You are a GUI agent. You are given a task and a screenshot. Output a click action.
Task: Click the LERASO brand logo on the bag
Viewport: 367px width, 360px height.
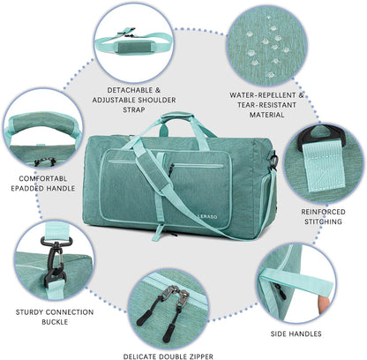207,216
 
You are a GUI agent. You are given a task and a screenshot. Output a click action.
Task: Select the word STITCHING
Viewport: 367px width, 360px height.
323,221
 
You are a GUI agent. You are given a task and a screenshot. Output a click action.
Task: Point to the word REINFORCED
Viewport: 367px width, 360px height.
323,212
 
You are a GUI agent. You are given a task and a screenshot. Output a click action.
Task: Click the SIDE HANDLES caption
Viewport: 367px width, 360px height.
296,334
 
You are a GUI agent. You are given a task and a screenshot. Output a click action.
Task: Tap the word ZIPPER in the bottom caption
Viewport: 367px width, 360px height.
198,356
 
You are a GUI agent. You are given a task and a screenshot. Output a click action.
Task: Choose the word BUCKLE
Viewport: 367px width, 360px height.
55,322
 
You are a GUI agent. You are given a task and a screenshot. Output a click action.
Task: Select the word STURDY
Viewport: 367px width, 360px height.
29,312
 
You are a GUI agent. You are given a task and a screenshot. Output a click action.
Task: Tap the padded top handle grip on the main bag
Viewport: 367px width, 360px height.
177,116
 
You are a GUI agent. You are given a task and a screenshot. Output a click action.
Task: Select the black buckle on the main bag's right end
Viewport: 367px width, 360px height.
273,161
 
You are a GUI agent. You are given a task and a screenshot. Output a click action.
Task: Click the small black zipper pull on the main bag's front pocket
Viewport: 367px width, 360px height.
171,170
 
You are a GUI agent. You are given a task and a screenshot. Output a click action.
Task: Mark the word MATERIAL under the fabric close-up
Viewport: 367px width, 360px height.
266,115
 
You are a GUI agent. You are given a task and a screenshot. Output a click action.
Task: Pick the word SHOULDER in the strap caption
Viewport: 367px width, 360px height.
157,100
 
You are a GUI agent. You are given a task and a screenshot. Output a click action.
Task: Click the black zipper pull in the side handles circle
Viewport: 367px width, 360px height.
281,291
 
